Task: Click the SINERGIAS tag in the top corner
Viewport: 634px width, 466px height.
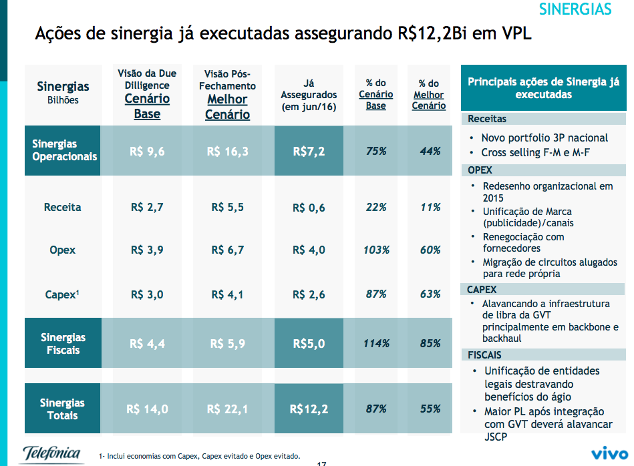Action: click(575, 9)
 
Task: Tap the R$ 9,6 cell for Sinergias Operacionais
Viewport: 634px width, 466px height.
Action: click(147, 152)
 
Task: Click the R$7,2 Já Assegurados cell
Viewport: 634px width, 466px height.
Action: click(309, 152)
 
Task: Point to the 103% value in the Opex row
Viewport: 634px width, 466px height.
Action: click(376, 250)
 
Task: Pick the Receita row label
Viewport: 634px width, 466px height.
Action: click(62, 207)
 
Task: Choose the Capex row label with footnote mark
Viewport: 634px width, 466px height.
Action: click(62, 294)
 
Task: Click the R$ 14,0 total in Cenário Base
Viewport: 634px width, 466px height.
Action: click(147, 409)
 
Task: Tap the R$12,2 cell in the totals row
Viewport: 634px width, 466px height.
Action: click(309, 409)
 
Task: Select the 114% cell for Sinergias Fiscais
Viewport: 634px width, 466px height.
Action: click(376, 344)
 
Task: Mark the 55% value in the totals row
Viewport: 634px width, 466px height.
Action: click(430, 409)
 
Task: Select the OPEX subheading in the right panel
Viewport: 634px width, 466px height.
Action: click(480, 170)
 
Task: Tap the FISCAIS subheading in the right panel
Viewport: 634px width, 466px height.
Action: click(484, 355)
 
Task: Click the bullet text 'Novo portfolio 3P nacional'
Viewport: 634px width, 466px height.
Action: click(544, 138)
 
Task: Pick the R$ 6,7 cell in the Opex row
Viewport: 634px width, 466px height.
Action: click(227, 250)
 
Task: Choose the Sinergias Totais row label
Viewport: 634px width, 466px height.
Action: click(62, 409)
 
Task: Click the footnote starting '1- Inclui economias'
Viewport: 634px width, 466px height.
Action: click(199, 455)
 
